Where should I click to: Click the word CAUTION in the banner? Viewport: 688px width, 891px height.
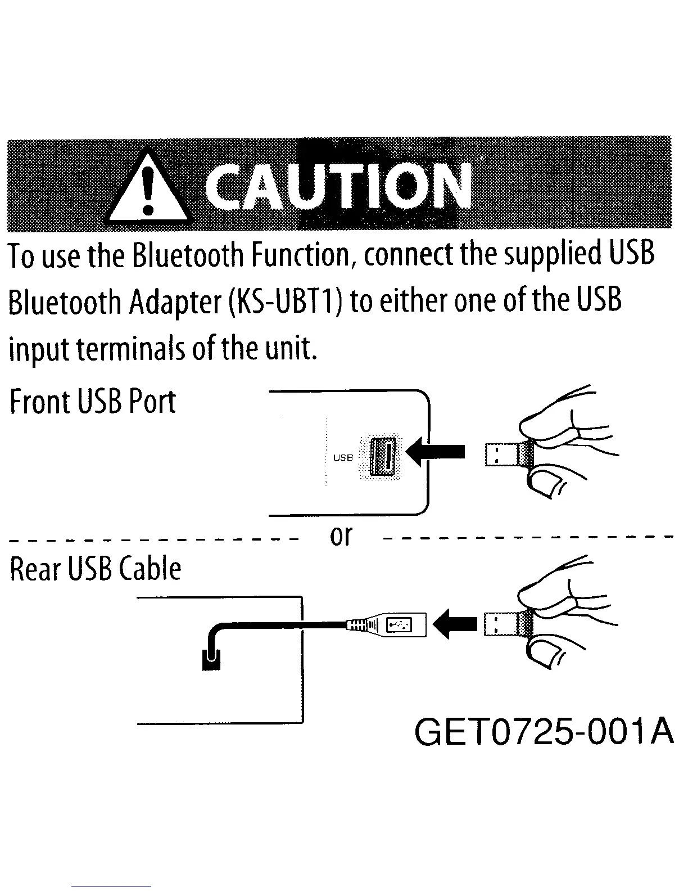pos(337,186)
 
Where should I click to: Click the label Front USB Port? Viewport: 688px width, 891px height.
pos(93,401)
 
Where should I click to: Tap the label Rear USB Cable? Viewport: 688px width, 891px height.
pos(96,569)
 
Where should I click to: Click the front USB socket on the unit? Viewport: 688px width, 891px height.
pos(384,456)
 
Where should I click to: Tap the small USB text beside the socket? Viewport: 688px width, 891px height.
pos(343,458)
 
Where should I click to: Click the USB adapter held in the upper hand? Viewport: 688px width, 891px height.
pos(502,454)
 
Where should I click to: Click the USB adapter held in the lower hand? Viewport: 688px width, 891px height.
pos(502,624)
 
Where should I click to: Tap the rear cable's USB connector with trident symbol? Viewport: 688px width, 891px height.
pos(400,624)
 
